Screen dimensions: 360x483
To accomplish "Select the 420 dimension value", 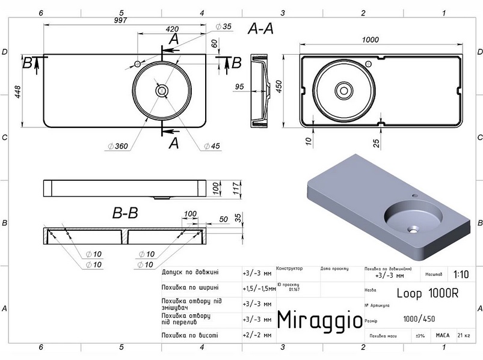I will (x=173, y=29).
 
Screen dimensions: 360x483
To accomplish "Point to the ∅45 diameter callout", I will (x=212, y=146).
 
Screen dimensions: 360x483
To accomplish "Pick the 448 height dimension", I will (x=19, y=91).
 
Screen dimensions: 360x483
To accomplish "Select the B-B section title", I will (x=125, y=212).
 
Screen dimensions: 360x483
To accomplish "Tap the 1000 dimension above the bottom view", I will (x=371, y=40).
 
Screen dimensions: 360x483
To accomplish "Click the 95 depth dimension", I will (x=239, y=87).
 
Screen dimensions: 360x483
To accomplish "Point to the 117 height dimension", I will (x=237, y=188).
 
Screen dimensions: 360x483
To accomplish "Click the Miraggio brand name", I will (x=320, y=319).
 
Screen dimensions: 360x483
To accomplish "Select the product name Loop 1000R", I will (x=428, y=293).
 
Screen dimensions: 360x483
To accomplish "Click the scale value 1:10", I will (x=462, y=274).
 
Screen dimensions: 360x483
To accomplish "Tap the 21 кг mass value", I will (x=464, y=335).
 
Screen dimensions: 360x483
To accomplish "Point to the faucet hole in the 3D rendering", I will (x=415, y=196).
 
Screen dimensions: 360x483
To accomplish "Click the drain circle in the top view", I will (x=162, y=91).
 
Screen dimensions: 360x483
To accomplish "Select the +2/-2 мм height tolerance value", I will (x=257, y=335).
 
